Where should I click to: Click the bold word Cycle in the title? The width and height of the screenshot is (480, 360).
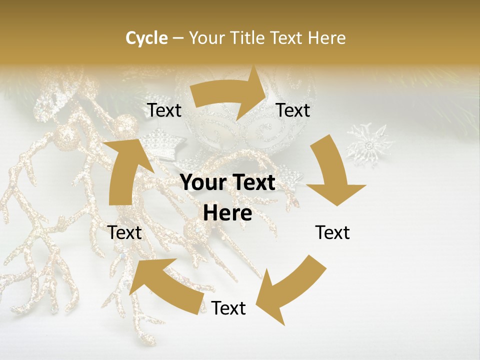146,38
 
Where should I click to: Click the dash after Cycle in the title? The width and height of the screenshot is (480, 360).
177,38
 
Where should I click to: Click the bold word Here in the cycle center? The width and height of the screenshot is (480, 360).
227,213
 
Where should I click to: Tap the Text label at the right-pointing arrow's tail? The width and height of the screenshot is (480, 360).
164,110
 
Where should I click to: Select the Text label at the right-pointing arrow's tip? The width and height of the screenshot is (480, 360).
293,110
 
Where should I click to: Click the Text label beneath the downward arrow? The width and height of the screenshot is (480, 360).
332,232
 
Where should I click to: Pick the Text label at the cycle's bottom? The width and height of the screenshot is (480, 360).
228,308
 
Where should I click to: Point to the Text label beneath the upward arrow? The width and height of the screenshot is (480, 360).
125,232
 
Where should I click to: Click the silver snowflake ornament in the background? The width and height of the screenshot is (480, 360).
370,145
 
